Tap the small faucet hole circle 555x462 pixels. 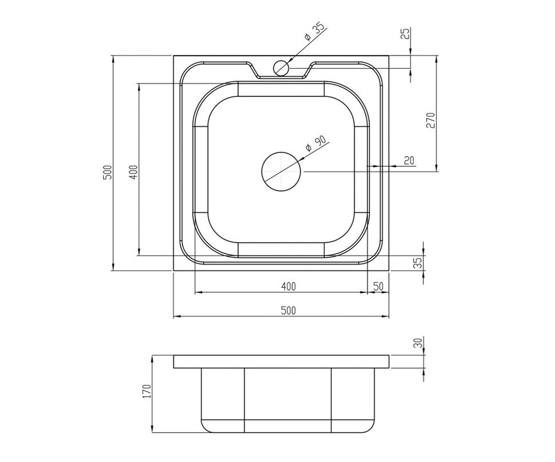click(x=281, y=68)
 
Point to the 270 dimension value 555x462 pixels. click(x=431, y=120)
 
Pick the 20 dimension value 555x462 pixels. click(x=409, y=160)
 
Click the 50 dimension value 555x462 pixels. click(x=378, y=286)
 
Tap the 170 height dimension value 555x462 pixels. click(x=147, y=391)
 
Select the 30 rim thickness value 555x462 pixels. click(x=418, y=343)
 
